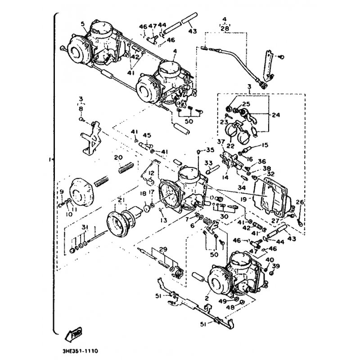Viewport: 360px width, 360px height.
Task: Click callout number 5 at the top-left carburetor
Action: (x=83, y=23)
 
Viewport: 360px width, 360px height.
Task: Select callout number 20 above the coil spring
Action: (x=118, y=157)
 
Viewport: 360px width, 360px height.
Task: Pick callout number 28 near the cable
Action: (x=224, y=28)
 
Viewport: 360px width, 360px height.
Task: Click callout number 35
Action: (x=211, y=150)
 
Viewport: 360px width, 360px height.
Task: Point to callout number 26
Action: (x=300, y=202)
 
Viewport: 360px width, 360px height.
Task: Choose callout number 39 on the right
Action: (x=276, y=265)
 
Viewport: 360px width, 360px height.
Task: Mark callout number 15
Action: (x=264, y=145)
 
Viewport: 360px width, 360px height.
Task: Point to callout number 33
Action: (x=208, y=163)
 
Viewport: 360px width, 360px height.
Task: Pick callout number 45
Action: (x=147, y=135)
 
